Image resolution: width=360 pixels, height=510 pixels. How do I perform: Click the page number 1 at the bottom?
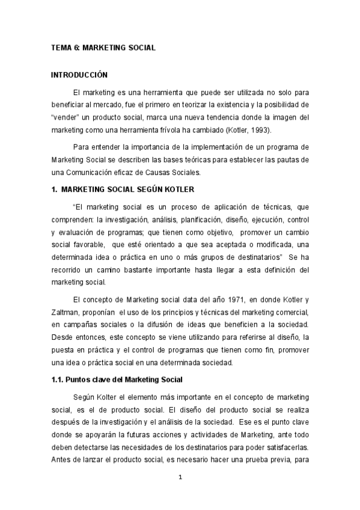pyautogui.click(x=180, y=477)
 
